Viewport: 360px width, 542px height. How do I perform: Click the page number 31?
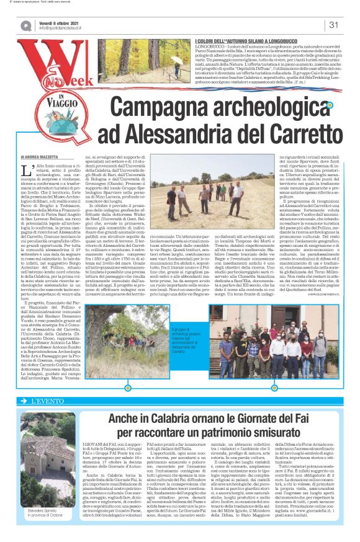(x=333, y=25)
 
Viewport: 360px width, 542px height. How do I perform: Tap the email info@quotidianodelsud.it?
(x=66, y=28)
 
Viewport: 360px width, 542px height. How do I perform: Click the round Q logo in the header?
(x=26, y=25)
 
